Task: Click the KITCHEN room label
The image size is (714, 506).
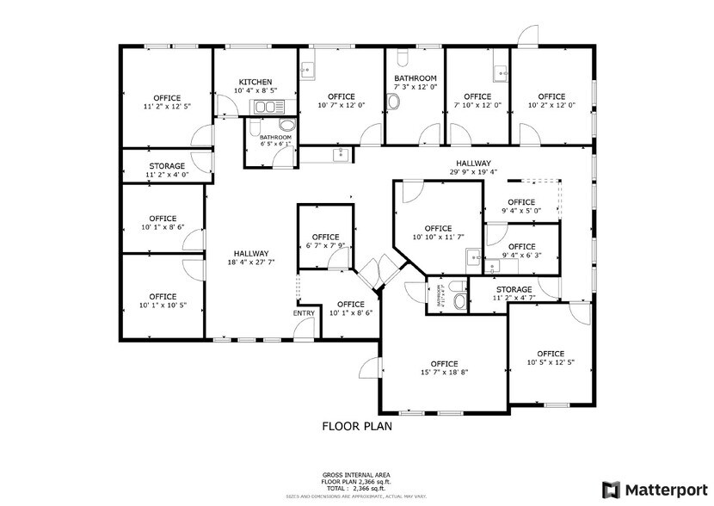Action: (x=255, y=82)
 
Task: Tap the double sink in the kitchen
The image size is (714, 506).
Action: (x=268, y=107)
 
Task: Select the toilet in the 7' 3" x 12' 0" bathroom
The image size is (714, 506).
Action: (x=394, y=102)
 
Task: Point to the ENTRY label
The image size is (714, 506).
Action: (x=304, y=312)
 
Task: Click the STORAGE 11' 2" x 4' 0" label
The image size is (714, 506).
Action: (x=167, y=166)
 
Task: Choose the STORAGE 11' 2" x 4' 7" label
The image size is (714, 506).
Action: (x=513, y=290)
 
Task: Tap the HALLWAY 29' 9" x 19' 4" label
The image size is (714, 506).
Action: (x=473, y=164)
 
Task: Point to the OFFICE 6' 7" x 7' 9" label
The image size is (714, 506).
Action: (x=325, y=237)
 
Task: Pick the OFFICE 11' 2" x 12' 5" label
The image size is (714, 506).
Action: (x=167, y=97)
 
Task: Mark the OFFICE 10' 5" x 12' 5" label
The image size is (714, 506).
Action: (x=551, y=354)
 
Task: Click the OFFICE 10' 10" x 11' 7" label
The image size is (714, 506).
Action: (x=438, y=228)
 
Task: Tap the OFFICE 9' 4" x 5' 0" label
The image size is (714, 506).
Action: (x=521, y=202)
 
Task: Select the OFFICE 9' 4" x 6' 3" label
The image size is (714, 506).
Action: (x=521, y=247)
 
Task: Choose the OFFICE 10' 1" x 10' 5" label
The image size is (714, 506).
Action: (x=163, y=297)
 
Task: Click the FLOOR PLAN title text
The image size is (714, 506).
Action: (x=357, y=425)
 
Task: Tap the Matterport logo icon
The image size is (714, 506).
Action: (x=611, y=489)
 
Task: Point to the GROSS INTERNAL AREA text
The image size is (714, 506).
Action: (x=357, y=474)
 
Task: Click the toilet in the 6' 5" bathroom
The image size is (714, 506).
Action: (x=262, y=126)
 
